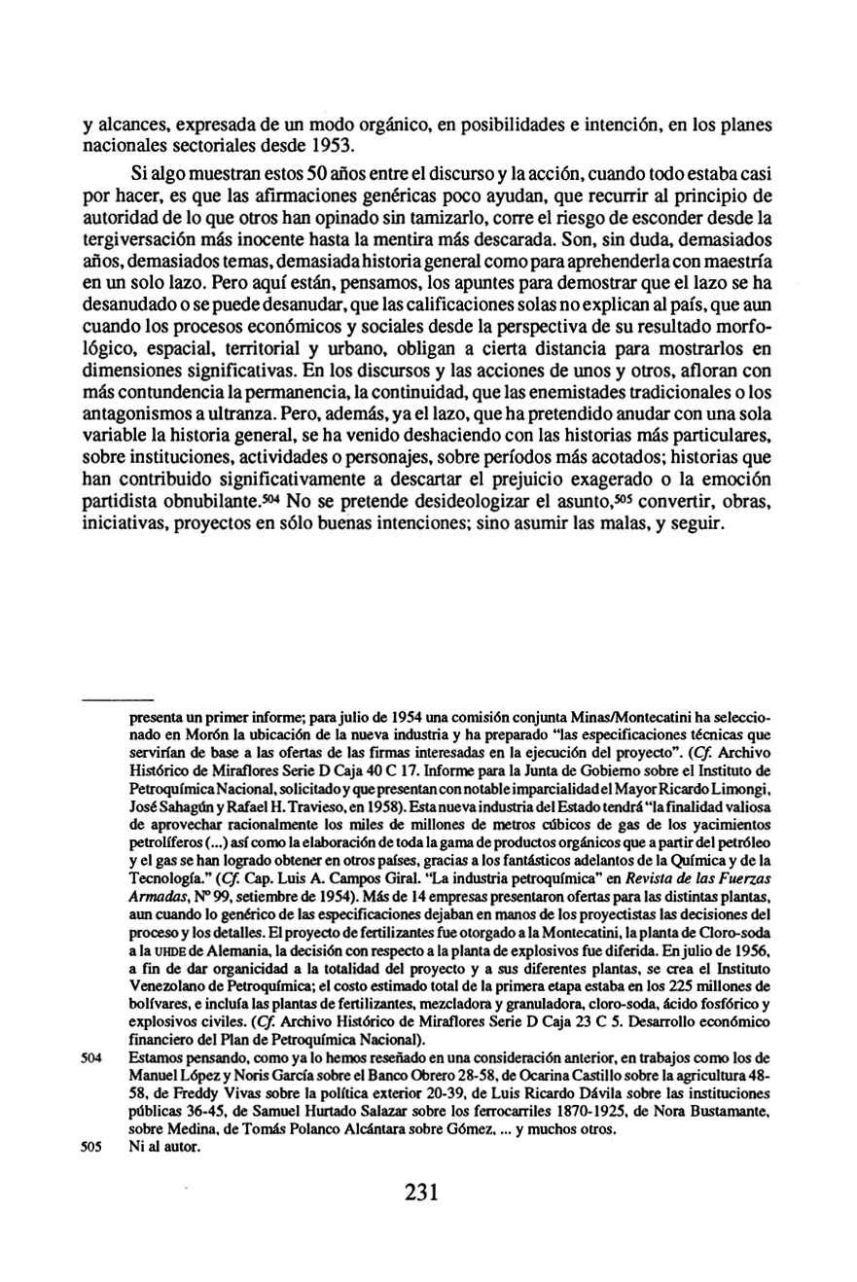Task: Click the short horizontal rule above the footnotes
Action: point(118,699)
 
